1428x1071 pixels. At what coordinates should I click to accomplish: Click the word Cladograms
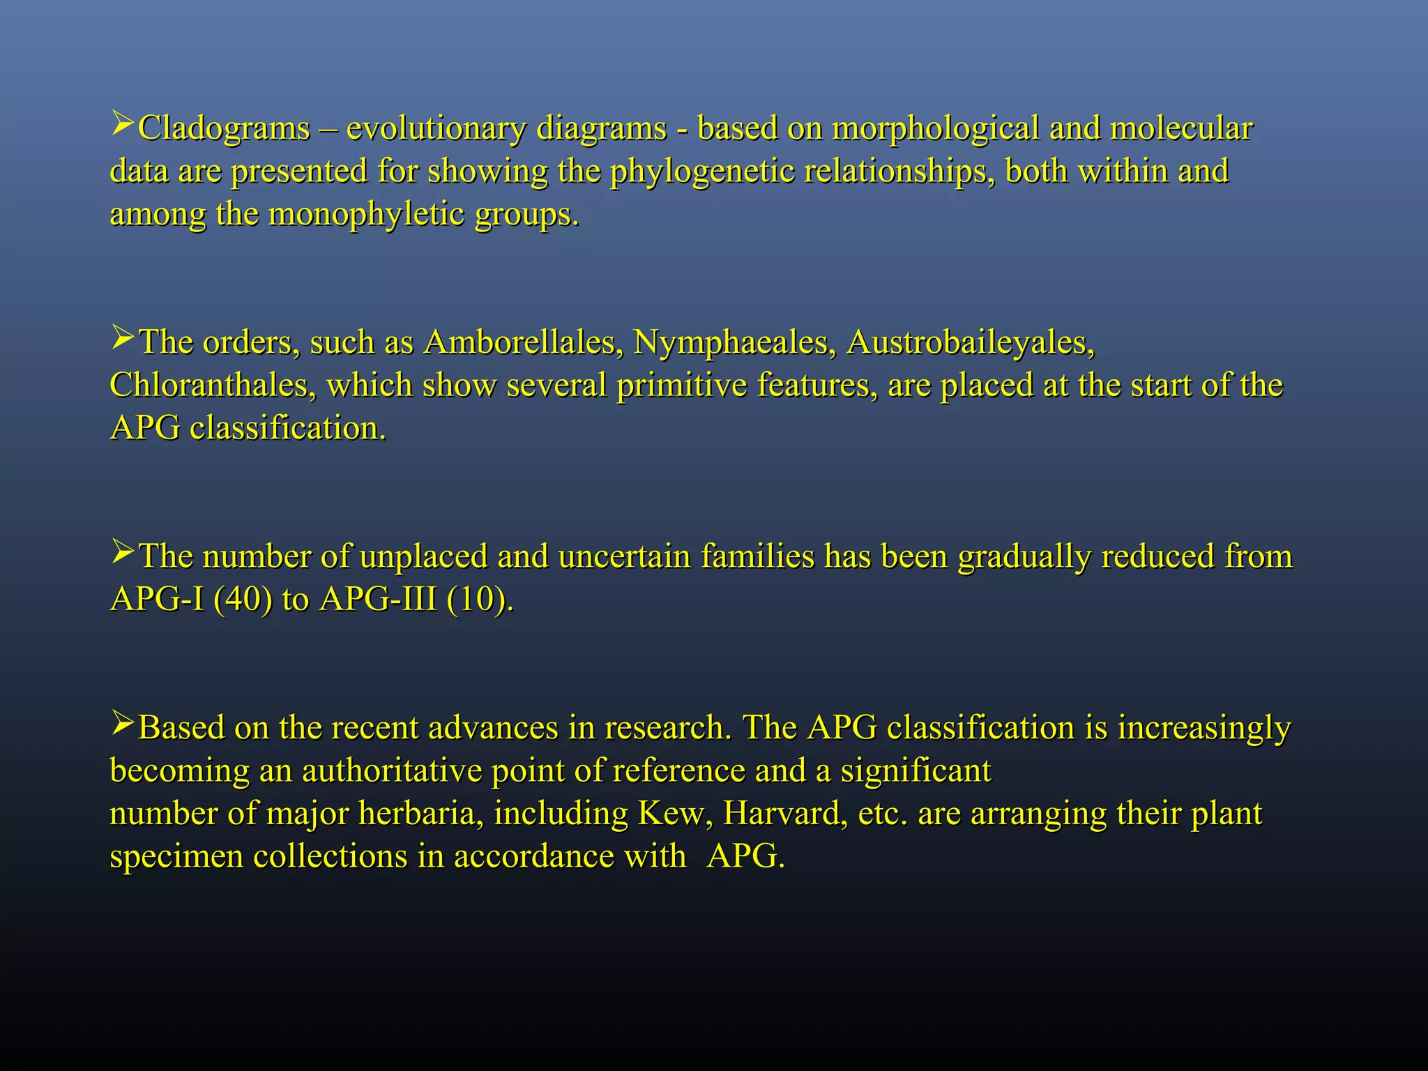[224, 129]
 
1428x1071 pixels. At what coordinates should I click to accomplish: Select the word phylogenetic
[702, 172]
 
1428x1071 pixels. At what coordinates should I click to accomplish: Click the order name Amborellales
[522, 342]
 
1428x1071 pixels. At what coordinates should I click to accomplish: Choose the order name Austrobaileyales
[970, 342]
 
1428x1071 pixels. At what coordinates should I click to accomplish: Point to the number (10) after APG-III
[478, 599]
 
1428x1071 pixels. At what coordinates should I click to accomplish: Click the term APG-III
[377, 599]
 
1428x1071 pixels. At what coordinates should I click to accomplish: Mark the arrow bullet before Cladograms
[123, 126]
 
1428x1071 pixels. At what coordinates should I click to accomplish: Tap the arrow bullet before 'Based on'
[123, 725]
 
